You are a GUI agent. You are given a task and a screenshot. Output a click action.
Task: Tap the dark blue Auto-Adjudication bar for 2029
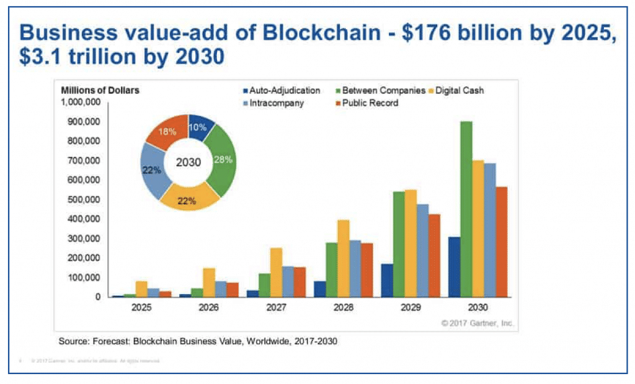tap(388, 280)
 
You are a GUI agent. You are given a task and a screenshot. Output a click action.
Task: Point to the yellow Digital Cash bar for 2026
tap(209, 282)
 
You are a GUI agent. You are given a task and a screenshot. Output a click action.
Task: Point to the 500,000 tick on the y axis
tap(81, 200)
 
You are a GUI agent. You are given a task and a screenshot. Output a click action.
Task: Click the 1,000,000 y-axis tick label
tap(79, 102)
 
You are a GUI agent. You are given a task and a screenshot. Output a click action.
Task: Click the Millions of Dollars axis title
tap(100, 90)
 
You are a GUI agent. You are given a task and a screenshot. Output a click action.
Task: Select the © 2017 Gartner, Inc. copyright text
tap(477, 323)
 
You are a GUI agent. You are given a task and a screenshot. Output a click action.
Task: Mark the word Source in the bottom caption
tap(75, 341)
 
